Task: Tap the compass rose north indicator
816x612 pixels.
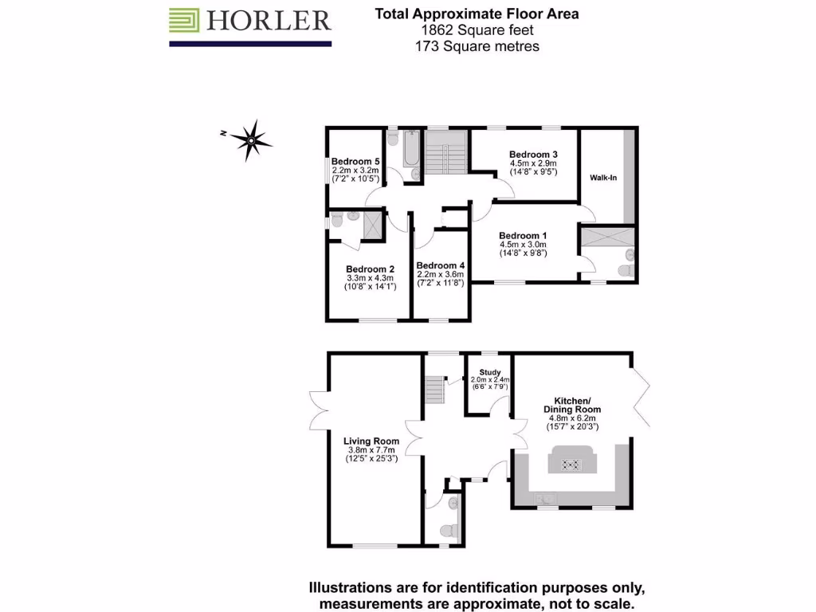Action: pos(250,140)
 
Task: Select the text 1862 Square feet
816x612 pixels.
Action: pos(477,30)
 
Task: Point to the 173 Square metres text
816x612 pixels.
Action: pos(477,46)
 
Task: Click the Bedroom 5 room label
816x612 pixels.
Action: pos(355,161)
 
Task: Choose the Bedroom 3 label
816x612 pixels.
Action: pos(533,155)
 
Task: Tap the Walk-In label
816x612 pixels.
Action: pos(603,178)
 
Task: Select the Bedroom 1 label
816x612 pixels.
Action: pos(523,236)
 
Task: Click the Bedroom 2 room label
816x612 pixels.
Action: pos(371,269)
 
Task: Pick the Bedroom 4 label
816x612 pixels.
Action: pos(440,266)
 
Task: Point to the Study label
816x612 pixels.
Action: pos(489,372)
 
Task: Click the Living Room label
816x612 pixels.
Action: pos(371,441)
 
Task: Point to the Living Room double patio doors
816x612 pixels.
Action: pos(320,410)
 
